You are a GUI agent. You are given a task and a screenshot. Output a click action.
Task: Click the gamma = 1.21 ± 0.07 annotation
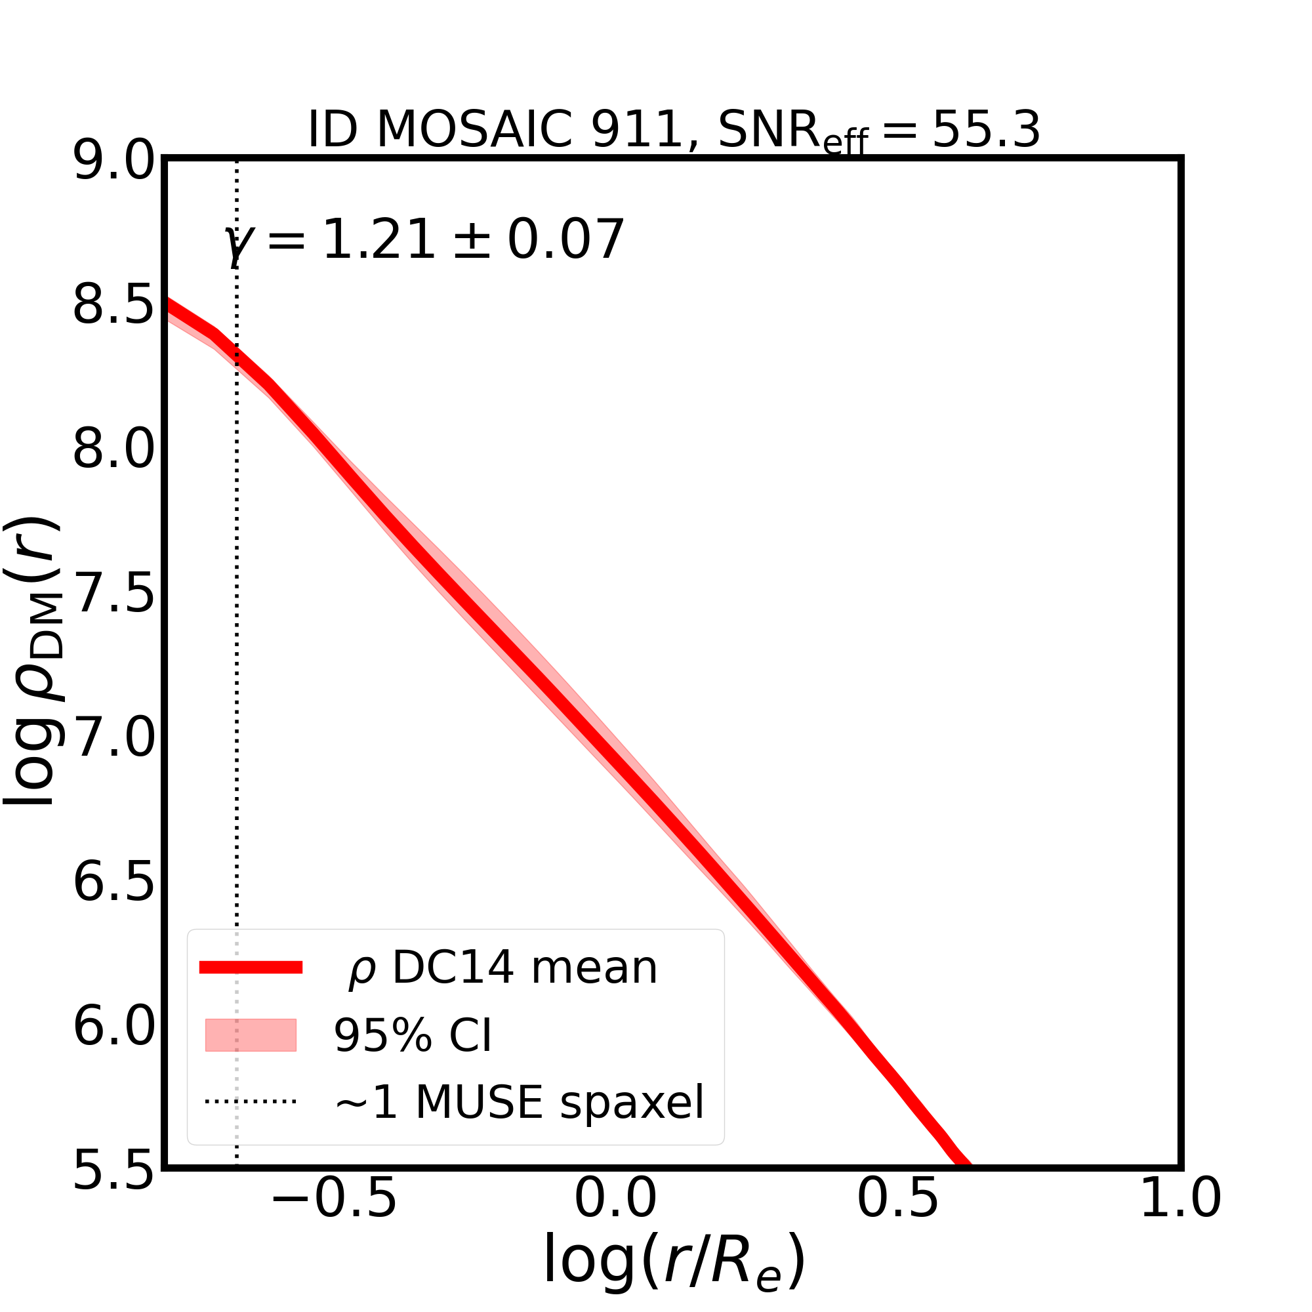(424, 240)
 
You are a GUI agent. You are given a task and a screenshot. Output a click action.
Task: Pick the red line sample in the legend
(251, 968)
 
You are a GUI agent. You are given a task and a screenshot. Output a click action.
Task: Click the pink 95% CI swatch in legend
(251, 1036)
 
